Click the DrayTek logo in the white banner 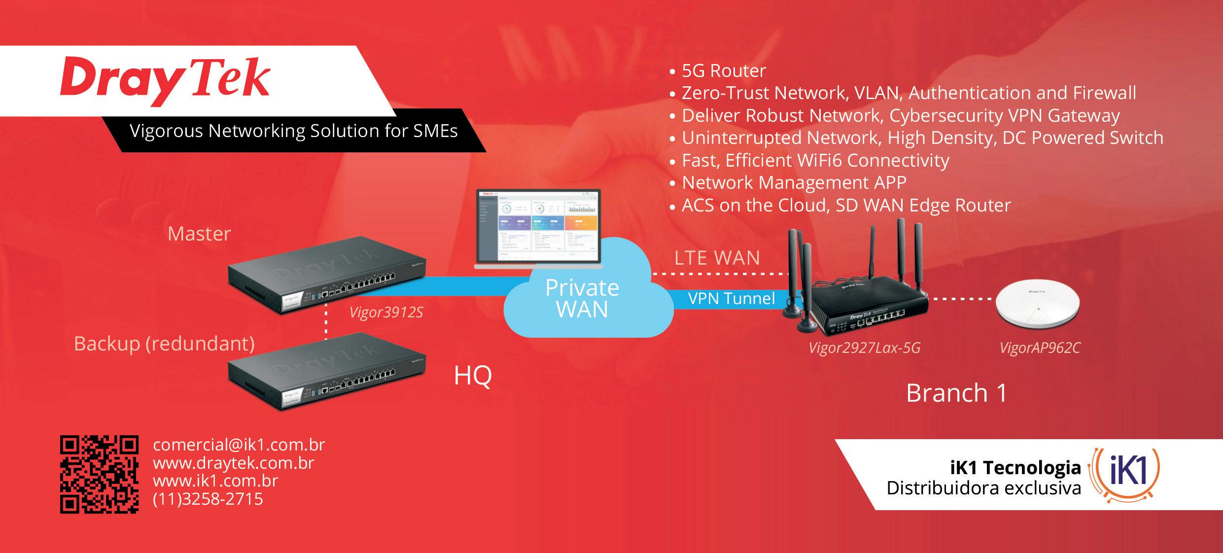coord(165,81)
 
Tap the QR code coord(99,474)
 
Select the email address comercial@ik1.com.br coord(239,445)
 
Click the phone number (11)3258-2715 coord(208,499)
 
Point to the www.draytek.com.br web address coord(234,463)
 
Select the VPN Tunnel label coord(732,298)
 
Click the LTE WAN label coord(717,258)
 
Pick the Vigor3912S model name coord(386,312)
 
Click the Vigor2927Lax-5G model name coord(864,348)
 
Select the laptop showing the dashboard coord(539,229)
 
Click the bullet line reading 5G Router coord(723,71)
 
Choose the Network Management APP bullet coord(794,183)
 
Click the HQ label coord(472,376)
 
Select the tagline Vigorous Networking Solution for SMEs coord(293,131)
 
